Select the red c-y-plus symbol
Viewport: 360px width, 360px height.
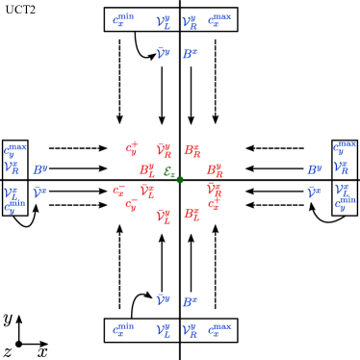132,149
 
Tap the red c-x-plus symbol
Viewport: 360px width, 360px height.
214,204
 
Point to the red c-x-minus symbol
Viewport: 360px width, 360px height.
118,191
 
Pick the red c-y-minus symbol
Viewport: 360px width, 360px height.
131,204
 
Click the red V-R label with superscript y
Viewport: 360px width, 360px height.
164,150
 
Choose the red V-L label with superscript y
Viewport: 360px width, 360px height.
164,217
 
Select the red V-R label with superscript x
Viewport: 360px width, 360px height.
214,190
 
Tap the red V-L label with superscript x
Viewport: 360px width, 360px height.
147,191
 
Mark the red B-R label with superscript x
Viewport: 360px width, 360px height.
193,150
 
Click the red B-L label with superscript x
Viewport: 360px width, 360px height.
193,214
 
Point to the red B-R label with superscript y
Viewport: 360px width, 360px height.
214,170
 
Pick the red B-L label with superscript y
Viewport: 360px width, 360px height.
146,170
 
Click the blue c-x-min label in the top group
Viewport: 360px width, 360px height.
123,20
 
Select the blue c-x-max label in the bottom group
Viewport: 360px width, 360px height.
219,330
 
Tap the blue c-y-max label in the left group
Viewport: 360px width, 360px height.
14,150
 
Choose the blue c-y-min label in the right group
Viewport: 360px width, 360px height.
345,204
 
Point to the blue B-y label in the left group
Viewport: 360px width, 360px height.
39,170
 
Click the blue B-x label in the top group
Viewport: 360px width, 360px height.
190,54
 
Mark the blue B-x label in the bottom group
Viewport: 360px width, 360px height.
190,302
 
